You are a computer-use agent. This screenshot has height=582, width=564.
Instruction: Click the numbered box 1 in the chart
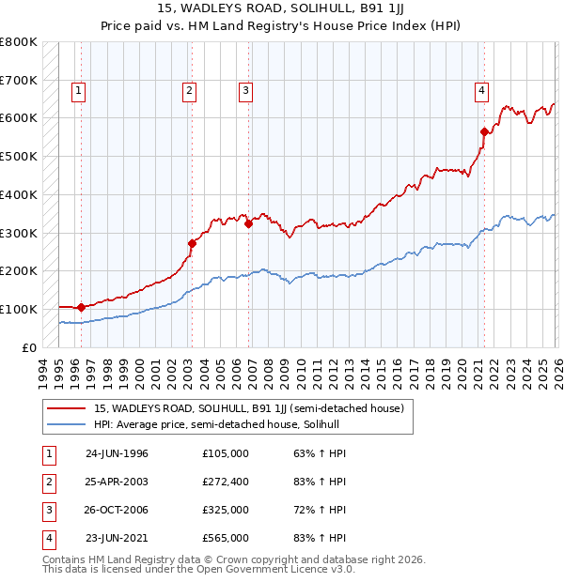point(77,91)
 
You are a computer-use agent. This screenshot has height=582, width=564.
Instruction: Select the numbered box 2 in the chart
point(189,91)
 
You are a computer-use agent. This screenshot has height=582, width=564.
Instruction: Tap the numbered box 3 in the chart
point(245,91)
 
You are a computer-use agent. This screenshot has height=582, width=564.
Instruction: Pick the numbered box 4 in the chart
point(480,91)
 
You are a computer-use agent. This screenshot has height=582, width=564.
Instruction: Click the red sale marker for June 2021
point(484,132)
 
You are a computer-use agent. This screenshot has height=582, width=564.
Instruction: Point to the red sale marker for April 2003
point(192,243)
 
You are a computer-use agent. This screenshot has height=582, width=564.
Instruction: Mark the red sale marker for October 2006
point(249,223)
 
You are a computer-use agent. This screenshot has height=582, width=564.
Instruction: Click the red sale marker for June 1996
point(81,307)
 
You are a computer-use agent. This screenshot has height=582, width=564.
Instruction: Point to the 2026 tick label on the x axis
point(556,370)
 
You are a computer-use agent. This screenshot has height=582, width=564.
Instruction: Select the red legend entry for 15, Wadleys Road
point(249,408)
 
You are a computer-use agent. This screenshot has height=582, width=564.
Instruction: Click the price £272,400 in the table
point(226,482)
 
